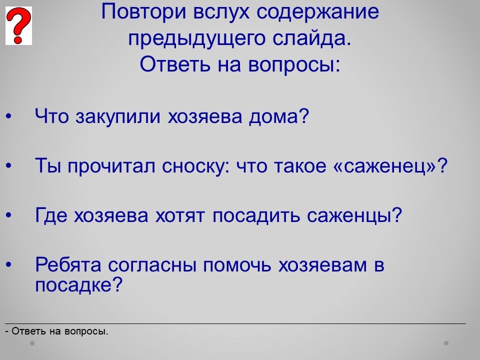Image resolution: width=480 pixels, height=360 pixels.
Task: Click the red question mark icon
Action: pyautogui.click(x=18, y=25)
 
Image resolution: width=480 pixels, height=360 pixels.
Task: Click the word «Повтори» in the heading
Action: pyautogui.click(x=143, y=11)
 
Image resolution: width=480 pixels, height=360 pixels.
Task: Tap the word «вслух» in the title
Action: pyautogui.click(x=221, y=11)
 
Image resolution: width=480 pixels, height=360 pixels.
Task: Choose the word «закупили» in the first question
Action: pyautogui.click(x=118, y=117)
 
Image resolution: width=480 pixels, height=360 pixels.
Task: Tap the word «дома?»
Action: pyautogui.click(x=279, y=117)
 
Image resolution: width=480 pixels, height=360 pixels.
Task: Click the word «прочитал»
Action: pyautogui.click(x=111, y=166)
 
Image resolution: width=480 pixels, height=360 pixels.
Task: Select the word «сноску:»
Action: pyautogui.click(x=196, y=166)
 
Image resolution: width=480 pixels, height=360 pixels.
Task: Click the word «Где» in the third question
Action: pyautogui.click(x=51, y=215)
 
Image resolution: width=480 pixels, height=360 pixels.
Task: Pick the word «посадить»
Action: pyautogui.click(x=255, y=215)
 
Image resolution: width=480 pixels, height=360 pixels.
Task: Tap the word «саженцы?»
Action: pyautogui.click(x=354, y=215)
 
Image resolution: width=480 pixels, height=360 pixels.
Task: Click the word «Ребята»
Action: pyautogui.click(x=68, y=264)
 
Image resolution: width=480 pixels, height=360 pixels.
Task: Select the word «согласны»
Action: pyautogui.click(x=152, y=265)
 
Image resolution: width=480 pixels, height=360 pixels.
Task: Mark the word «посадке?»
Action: pyautogui.click(x=78, y=285)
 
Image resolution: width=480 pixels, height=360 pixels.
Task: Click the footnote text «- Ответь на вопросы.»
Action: pyautogui.click(x=57, y=331)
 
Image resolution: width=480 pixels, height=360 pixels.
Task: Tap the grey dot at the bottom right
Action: pyautogui.click(x=446, y=343)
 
